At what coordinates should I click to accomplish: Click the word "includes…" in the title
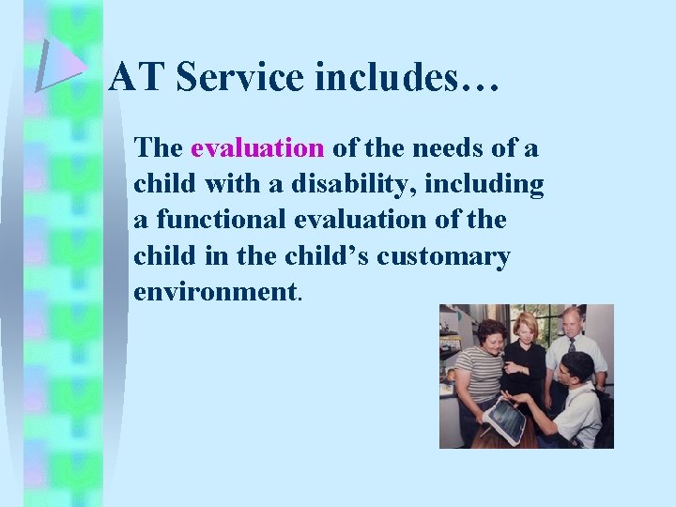coord(407,77)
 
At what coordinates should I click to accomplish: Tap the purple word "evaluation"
coord(257,148)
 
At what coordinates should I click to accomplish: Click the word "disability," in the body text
coord(345,184)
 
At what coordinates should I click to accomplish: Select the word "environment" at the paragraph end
coord(214,291)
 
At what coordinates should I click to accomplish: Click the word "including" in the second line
coord(484,184)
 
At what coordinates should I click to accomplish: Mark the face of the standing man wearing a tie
coord(571,321)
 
